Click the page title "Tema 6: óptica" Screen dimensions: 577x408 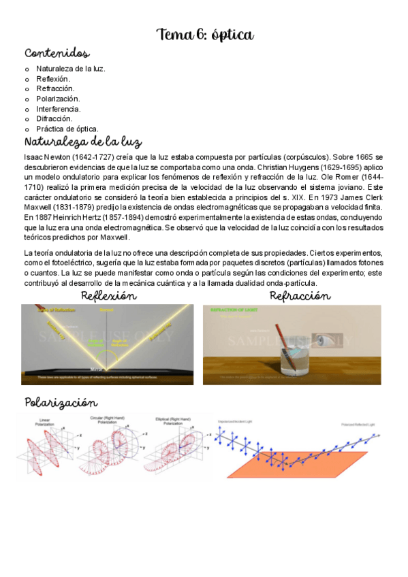pos(205,34)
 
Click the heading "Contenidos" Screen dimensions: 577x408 pos(57,54)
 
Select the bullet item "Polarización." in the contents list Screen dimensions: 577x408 pos(58,99)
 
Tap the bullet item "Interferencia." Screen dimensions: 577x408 pos(58,109)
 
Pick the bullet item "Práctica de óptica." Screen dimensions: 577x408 pos(67,129)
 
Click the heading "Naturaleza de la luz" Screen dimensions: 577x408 pos(82,142)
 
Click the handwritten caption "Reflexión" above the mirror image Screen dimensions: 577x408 pos(109,296)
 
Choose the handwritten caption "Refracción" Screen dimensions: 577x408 pos(300,296)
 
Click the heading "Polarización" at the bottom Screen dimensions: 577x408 pos(61,403)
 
